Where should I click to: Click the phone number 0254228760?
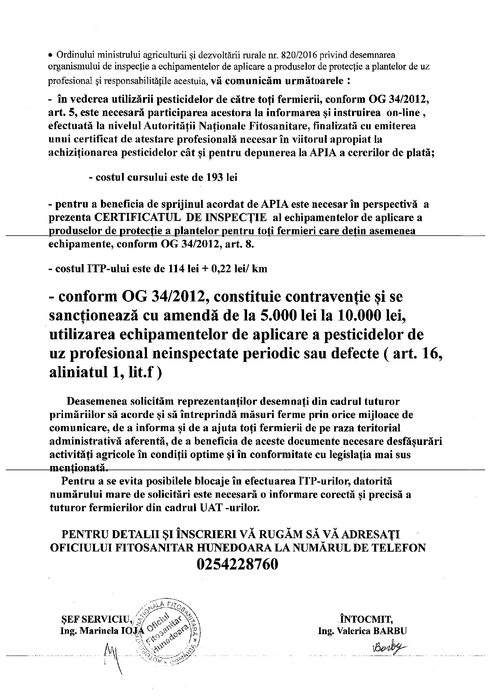point(237,564)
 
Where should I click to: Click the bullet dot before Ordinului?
point(50,55)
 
